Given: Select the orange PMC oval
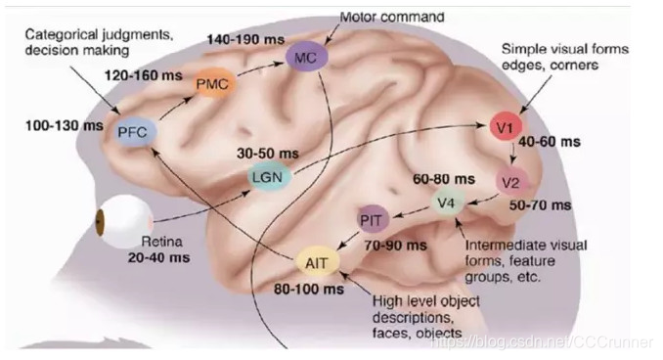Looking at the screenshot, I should (211, 84).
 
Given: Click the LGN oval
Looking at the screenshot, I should (268, 179).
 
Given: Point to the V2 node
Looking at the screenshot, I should (511, 182).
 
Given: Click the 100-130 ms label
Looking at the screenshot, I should (62, 125).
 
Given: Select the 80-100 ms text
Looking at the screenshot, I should (308, 291).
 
